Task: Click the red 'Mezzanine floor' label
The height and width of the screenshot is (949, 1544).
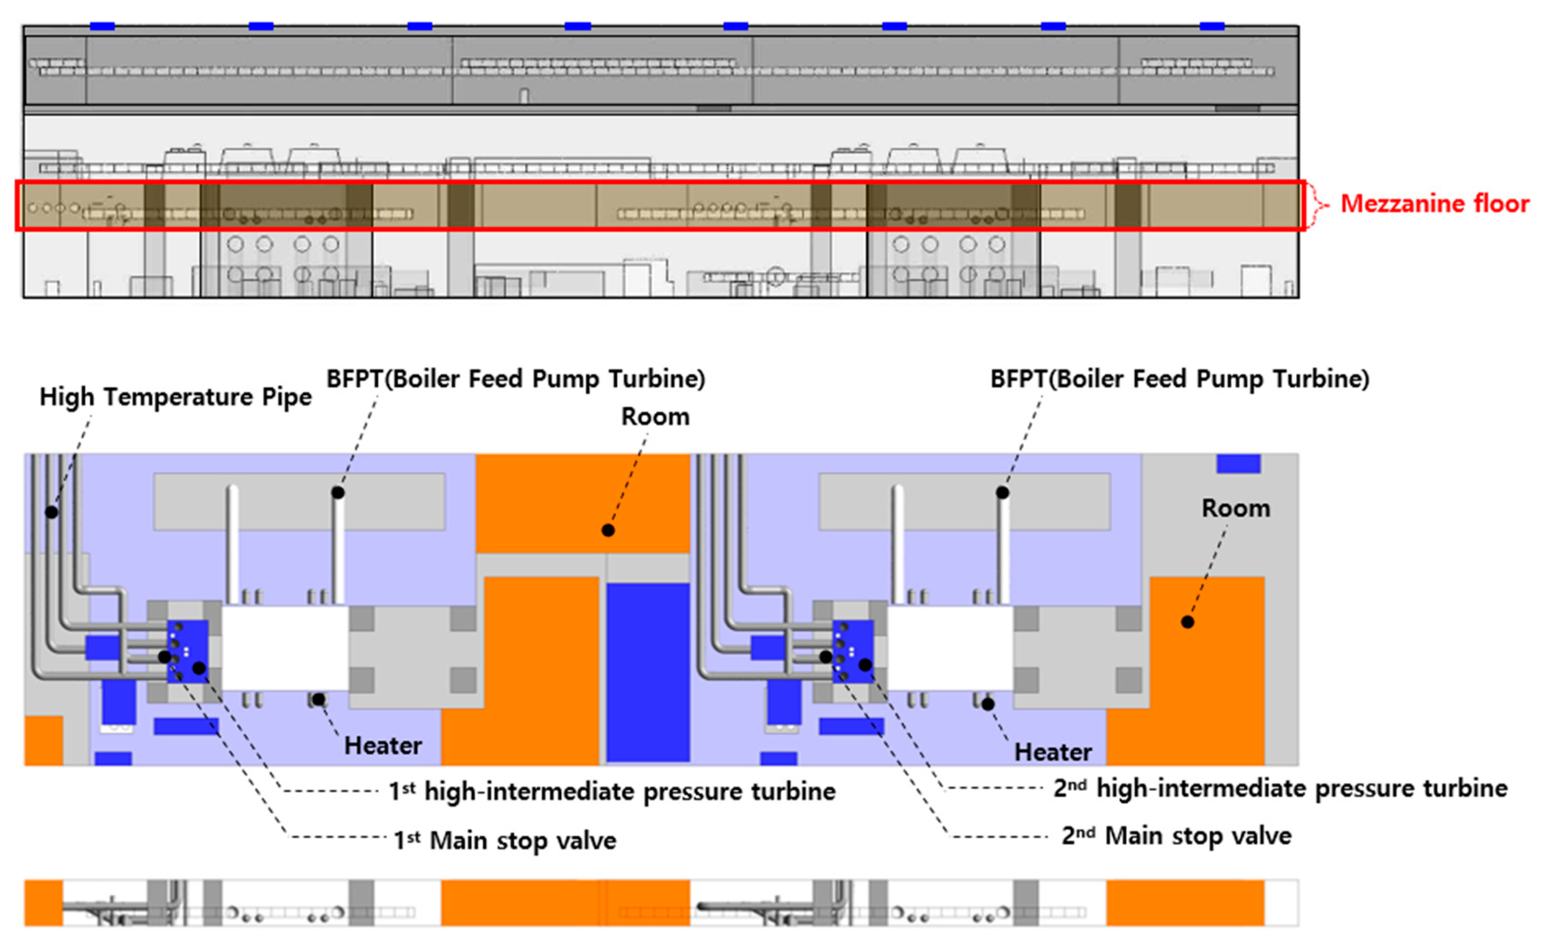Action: (x=1434, y=204)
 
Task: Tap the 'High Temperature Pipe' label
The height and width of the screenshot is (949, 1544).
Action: (x=175, y=397)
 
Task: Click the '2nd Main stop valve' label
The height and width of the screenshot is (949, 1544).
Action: (x=1176, y=835)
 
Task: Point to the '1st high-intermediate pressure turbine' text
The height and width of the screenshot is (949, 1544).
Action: (x=612, y=791)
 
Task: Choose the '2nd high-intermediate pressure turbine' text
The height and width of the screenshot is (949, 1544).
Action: (x=1280, y=788)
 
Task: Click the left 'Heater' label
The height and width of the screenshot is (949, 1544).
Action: (x=383, y=746)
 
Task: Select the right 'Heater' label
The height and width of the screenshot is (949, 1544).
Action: (x=1053, y=752)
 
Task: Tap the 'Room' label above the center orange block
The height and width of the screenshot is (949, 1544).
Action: (x=655, y=417)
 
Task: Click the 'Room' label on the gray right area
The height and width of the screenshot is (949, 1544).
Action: (x=1235, y=509)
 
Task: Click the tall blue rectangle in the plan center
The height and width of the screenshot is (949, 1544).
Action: (x=648, y=672)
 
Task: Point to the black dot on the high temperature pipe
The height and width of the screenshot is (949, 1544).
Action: (x=51, y=512)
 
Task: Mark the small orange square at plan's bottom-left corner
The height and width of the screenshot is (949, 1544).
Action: (x=44, y=740)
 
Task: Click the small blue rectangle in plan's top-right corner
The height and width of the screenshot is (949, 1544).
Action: (x=1238, y=464)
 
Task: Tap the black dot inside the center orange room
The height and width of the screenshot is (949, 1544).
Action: (x=608, y=530)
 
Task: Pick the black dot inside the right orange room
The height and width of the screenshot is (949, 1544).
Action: (x=1188, y=622)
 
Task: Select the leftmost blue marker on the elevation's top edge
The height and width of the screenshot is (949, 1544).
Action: (x=102, y=26)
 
